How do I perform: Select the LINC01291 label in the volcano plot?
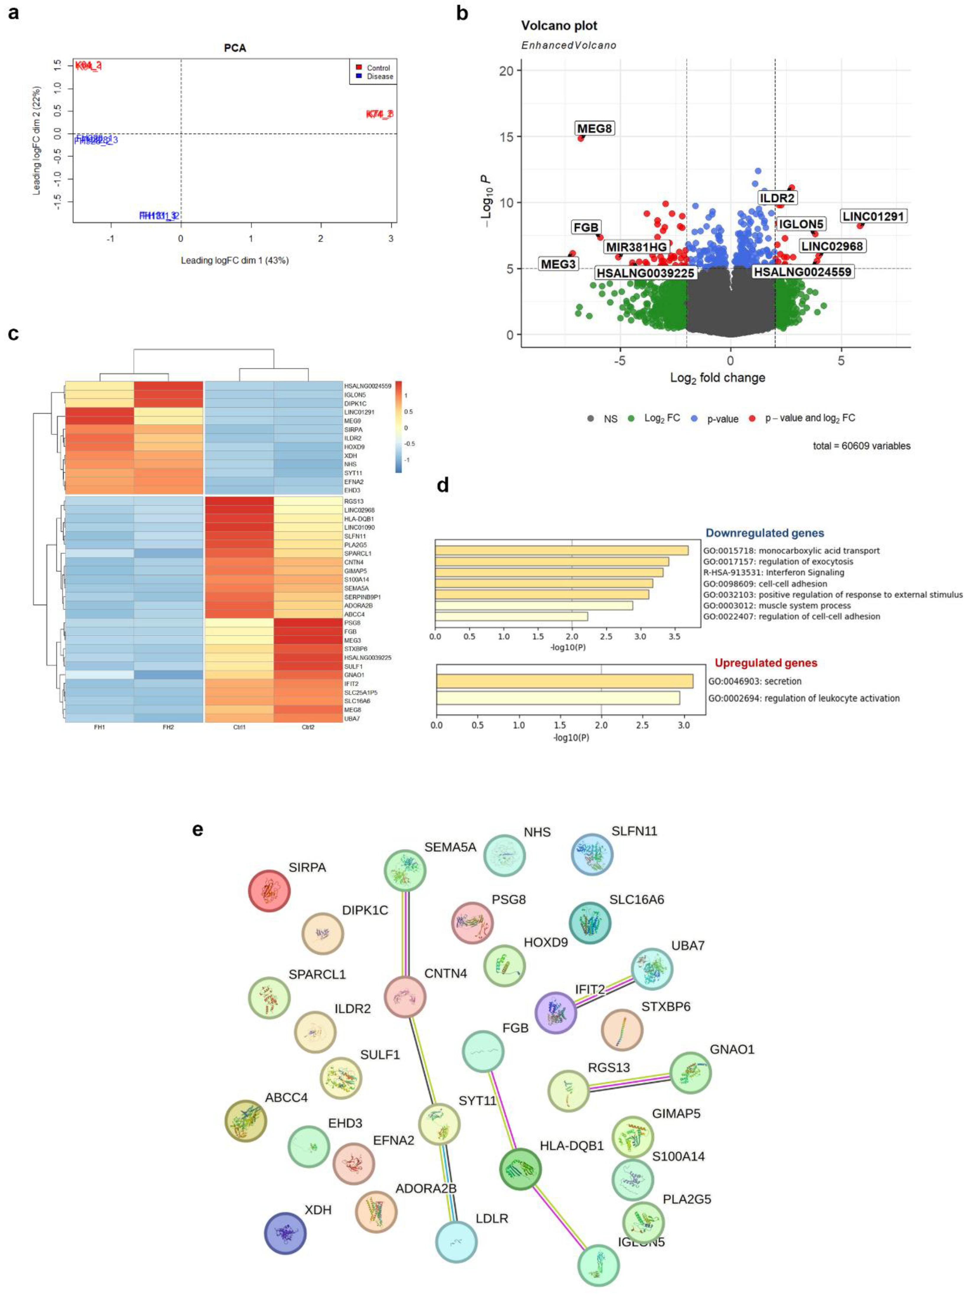tap(873, 216)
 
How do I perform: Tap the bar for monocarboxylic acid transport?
tap(561, 551)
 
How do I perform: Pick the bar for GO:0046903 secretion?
tap(564, 681)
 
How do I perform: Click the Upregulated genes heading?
tap(766, 663)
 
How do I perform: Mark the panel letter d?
tap(443, 485)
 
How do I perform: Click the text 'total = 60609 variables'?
tap(861, 446)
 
